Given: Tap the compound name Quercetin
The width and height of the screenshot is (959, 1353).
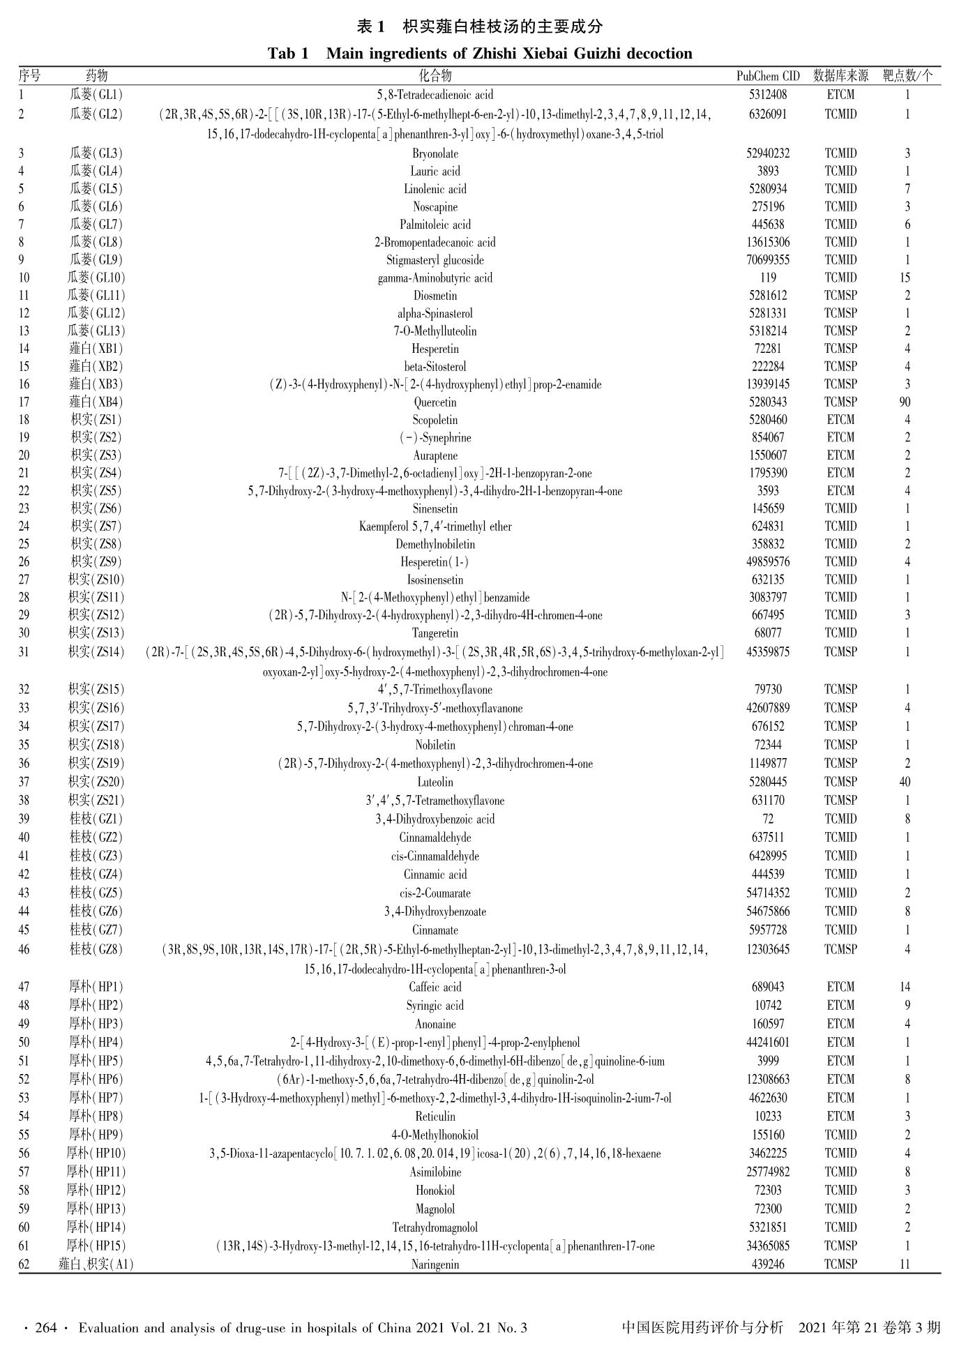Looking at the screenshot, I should click(435, 402).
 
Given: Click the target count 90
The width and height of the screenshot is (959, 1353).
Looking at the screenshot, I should click(905, 402).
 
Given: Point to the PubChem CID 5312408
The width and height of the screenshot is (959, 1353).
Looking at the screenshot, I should click(768, 95).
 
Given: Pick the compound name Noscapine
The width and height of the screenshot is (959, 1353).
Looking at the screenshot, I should click(435, 207).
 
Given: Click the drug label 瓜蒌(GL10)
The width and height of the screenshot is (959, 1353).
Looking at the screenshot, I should click(96, 278).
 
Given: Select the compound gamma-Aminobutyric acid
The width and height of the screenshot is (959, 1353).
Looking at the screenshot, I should click(435, 278).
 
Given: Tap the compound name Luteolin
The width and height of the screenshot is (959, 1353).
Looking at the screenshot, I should click(435, 783).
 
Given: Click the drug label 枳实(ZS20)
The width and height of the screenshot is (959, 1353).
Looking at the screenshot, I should click(96, 783).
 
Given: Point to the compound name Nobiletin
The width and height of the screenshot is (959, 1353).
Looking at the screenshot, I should click(435, 745).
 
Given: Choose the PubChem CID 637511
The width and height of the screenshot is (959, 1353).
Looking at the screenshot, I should click(768, 838).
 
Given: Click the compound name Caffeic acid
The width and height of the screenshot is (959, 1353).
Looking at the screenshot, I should click(435, 988).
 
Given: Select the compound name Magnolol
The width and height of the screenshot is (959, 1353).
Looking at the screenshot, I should click(435, 1209).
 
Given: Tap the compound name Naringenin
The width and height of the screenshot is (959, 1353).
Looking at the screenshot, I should click(435, 1264).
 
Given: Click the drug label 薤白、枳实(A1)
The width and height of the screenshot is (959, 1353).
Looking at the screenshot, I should click(96, 1264).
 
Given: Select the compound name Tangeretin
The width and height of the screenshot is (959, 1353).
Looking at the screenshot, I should click(435, 633).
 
